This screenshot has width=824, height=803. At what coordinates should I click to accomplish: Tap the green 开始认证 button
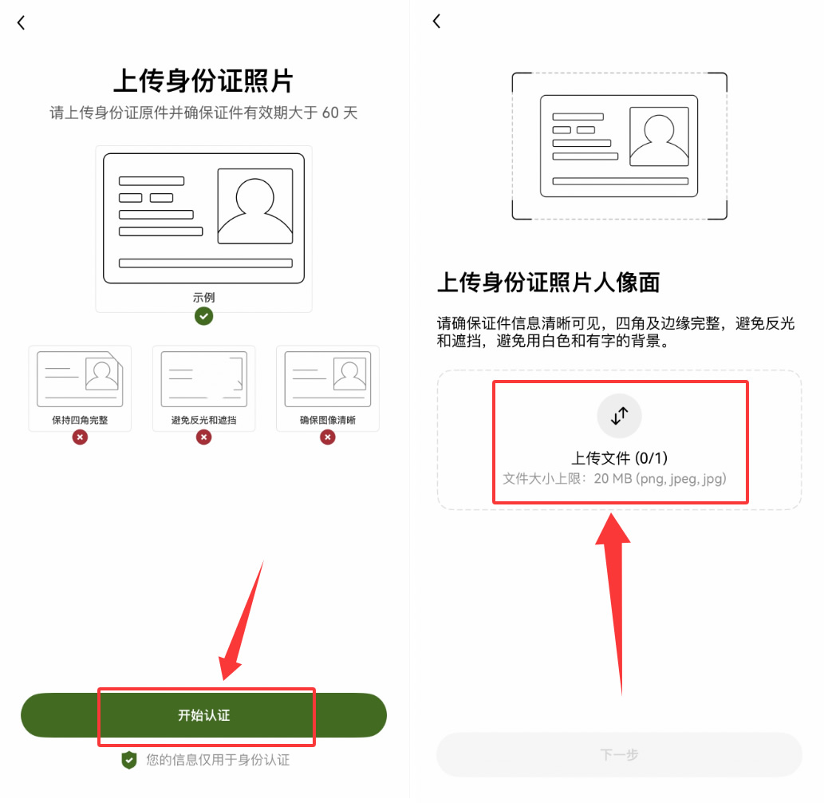click(x=203, y=715)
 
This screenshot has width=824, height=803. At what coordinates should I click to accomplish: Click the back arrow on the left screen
click(x=22, y=23)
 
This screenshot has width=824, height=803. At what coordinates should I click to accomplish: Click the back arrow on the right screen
click(x=436, y=22)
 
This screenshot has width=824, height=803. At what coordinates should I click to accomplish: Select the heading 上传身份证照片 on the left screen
click(x=203, y=81)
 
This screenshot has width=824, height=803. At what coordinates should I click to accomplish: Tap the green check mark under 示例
click(x=204, y=317)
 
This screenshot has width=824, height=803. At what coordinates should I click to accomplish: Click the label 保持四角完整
click(x=80, y=420)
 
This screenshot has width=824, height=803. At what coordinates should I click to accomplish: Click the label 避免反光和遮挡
click(x=203, y=420)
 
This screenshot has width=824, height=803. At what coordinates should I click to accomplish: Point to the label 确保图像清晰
click(x=328, y=420)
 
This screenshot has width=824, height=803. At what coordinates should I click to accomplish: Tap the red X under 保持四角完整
click(x=80, y=437)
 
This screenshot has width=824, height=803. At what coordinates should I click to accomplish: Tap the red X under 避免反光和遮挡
click(x=204, y=437)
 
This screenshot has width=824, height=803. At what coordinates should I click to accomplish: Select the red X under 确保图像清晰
click(x=328, y=437)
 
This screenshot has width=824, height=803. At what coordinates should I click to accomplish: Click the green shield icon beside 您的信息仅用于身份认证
click(x=129, y=760)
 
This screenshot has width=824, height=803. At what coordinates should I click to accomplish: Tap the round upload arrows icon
click(x=620, y=416)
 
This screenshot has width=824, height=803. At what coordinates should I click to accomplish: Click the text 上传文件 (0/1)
click(x=619, y=458)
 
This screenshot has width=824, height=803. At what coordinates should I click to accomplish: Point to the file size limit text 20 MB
click(x=614, y=479)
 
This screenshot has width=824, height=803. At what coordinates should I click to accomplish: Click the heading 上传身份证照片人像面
click(x=549, y=282)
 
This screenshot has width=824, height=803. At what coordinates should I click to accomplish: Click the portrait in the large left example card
click(x=254, y=206)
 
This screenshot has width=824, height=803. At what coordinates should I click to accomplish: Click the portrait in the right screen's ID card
click(x=659, y=136)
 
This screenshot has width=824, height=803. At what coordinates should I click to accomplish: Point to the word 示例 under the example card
click(x=203, y=298)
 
